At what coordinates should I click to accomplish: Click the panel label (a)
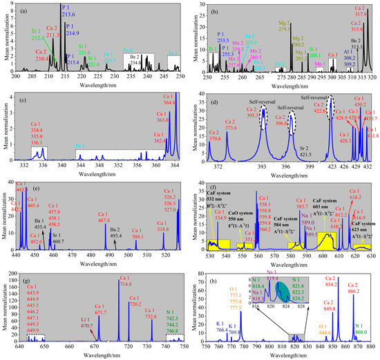tap(26, 10)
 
